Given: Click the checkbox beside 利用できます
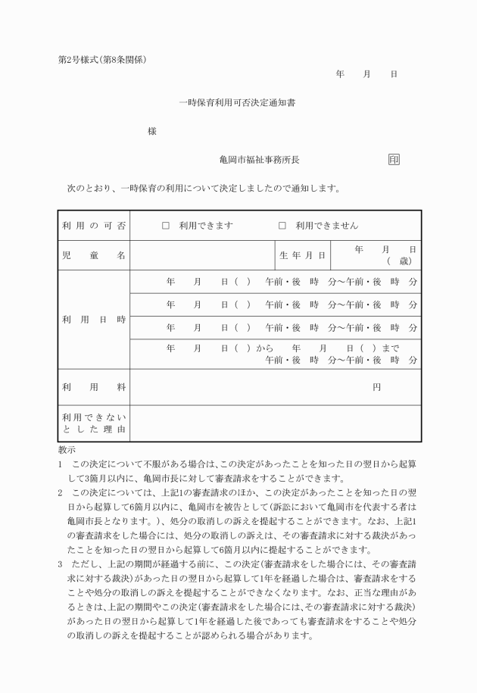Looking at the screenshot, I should click(166, 226).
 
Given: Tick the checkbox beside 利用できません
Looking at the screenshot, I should click(282, 226).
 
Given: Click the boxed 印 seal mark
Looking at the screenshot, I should click(394, 160).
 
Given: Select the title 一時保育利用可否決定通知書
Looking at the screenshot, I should click(237, 102).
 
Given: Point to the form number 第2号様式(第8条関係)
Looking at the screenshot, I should click(102, 60).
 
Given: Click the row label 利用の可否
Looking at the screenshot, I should click(94, 226).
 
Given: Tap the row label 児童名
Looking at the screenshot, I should click(94, 256).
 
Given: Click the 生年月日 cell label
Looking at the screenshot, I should click(303, 256).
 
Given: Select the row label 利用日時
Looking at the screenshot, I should click(94, 320).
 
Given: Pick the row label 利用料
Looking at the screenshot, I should click(94, 387).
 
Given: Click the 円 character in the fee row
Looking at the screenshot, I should click(376, 387).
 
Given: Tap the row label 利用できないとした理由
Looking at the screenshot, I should click(94, 423).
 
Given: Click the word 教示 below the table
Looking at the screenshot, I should click(67, 449).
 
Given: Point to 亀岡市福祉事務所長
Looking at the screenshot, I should click(260, 160).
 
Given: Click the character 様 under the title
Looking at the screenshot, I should click(152, 131).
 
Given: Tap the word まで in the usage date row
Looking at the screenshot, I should click(391, 348).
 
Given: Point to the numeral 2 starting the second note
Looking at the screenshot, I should click(61, 492).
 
